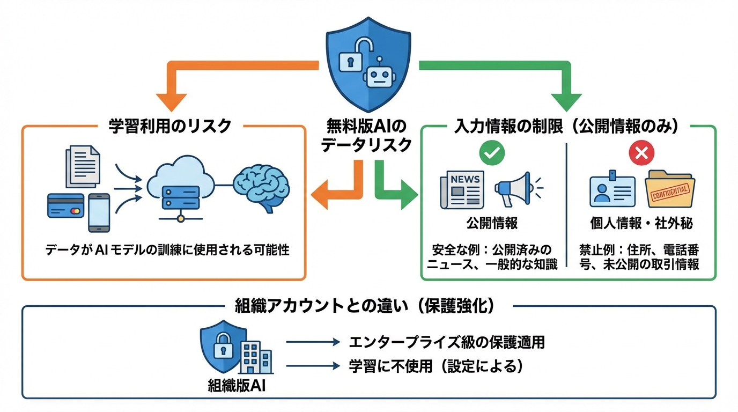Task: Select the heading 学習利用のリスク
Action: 169,126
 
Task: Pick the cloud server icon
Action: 179,187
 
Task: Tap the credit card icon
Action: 65,205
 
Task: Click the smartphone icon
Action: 99,212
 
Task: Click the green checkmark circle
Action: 492,153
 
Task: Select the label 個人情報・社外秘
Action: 641,224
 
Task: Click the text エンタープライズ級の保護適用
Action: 447,342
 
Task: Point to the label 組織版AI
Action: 237,386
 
